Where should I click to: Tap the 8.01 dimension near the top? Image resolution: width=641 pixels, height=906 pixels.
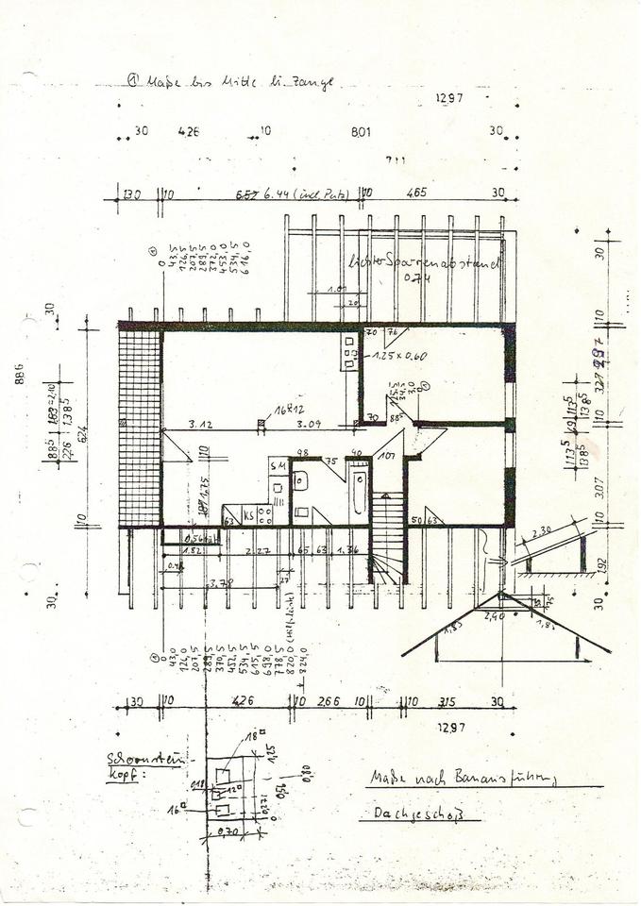point(361,133)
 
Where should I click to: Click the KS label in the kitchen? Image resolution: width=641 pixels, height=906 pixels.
point(248,515)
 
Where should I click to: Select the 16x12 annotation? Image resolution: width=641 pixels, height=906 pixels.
point(276,411)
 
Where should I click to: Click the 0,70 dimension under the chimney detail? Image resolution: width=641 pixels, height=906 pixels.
point(228,831)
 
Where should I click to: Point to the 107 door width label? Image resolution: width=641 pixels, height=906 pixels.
point(386,456)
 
